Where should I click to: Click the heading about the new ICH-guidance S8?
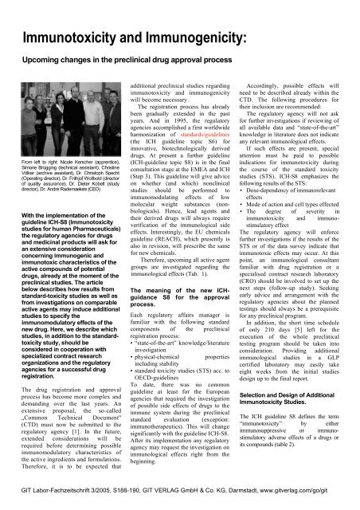(175, 299)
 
